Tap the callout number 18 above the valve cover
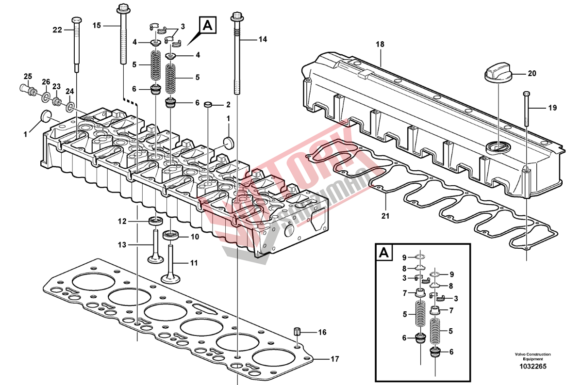380,44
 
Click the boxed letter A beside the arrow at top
207,25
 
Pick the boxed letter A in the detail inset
383,253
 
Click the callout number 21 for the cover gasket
385,216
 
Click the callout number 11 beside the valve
194,263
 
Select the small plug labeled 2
208,104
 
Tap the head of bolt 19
527,93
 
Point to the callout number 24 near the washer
69,91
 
